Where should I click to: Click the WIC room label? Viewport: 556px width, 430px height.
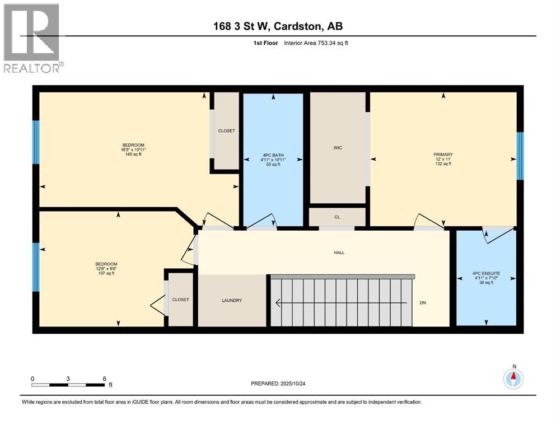(x=338, y=148)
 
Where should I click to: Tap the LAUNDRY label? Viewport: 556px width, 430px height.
(x=232, y=301)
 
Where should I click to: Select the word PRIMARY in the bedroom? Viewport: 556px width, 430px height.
(x=443, y=155)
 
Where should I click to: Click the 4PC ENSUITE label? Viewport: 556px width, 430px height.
(x=486, y=274)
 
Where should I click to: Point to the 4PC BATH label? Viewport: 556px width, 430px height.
(x=273, y=155)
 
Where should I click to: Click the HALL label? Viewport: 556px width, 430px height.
(x=339, y=253)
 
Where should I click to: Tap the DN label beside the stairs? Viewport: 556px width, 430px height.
(x=423, y=303)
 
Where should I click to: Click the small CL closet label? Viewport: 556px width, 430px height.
(x=337, y=217)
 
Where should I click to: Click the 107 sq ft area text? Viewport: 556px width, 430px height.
(x=106, y=273)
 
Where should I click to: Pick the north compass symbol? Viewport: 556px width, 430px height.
(x=513, y=379)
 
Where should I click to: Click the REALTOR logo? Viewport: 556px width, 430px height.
(x=32, y=38)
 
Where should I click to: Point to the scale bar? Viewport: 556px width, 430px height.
(x=68, y=385)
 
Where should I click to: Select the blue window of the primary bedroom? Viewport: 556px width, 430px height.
(x=520, y=156)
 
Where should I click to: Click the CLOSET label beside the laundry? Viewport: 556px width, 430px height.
(x=180, y=300)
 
